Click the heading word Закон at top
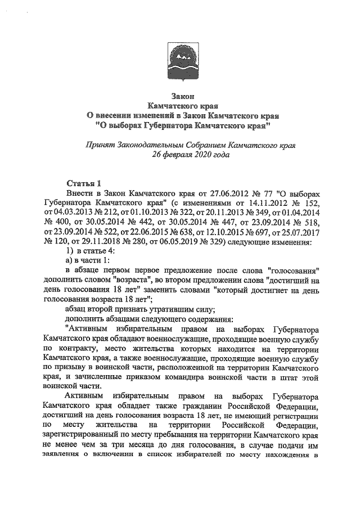pos(179,96)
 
